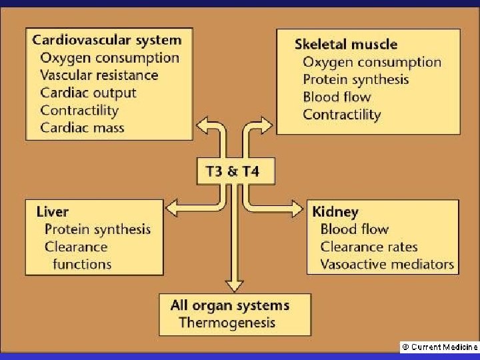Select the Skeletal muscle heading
click(x=346, y=45)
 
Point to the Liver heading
click(x=52, y=211)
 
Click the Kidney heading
click(x=335, y=212)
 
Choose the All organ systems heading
click(x=230, y=305)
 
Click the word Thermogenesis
click(x=227, y=323)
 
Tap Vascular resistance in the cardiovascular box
click(x=99, y=75)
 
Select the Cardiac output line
click(x=88, y=93)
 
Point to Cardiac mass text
click(x=82, y=127)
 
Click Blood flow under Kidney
click(x=355, y=229)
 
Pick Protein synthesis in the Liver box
click(x=97, y=229)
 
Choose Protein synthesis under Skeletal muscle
click(x=356, y=79)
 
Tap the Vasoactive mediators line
click(x=387, y=264)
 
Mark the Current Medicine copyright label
click(x=438, y=347)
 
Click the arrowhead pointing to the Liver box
click(x=171, y=210)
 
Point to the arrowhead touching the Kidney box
click(x=297, y=207)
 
